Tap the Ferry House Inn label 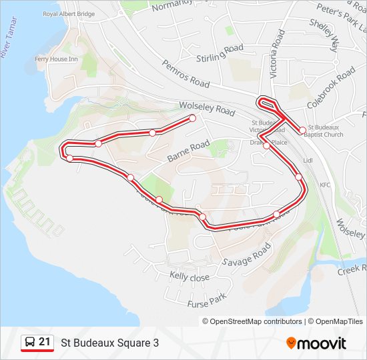pyautogui.click(x=57, y=59)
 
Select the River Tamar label pyautogui.click(x=10, y=44)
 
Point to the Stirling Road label pyautogui.click(x=221, y=53)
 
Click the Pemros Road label pyautogui.click(x=186, y=73)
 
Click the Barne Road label pyautogui.click(x=189, y=151)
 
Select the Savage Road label pyautogui.click(x=247, y=253)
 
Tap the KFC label pyautogui.click(x=325, y=185)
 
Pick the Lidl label pyautogui.click(x=308, y=161)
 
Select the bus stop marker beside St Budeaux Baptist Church pyautogui.click(x=302, y=130)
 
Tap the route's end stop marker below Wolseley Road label pyautogui.click(x=193, y=118)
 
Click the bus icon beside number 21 pyautogui.click(x=29, y=342)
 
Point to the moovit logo pyautogui.click(x=316, y=343)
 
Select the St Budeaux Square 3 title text pyautogui.click(x=110, y=343)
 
